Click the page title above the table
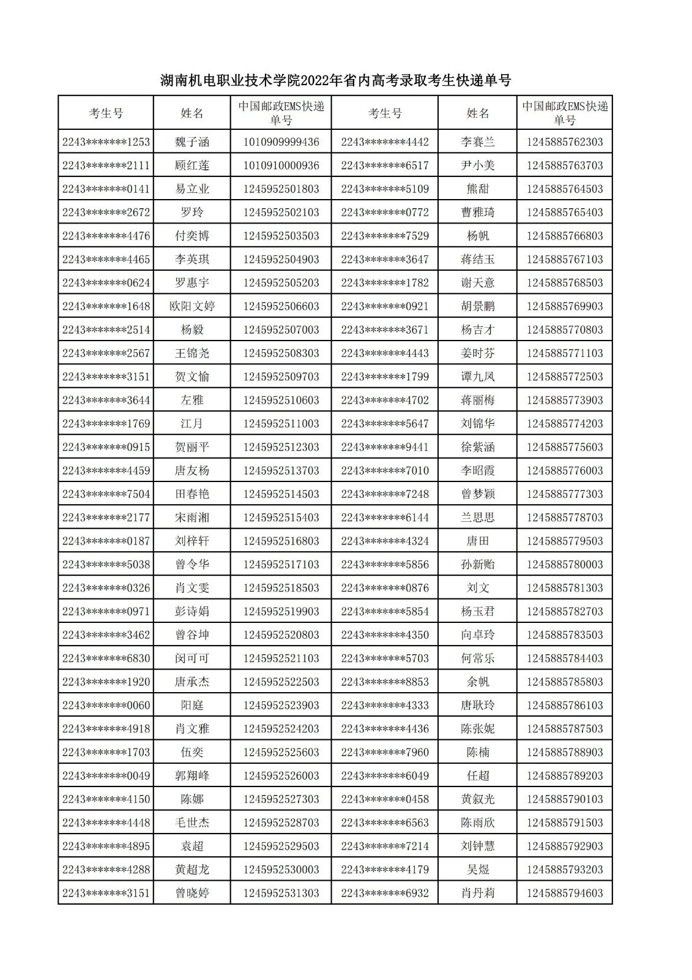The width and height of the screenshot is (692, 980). coord(335,80)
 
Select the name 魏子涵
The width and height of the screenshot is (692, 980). coord(192,142)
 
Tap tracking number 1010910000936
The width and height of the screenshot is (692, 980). coord(281,165)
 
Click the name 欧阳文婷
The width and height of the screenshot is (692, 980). coord(192,306)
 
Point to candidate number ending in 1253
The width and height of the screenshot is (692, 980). coord(106,142)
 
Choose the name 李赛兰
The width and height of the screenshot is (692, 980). coord(477,142)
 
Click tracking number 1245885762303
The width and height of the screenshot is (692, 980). coord(564,142)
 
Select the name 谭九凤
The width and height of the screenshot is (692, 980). coord(477,377)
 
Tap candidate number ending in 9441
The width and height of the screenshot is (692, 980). coord(385,447)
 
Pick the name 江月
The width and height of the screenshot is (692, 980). coord(192,423)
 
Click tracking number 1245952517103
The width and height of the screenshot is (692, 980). coord(281,564)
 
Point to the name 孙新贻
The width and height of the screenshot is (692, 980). coord(477,564)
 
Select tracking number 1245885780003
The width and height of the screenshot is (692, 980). coord(564,564)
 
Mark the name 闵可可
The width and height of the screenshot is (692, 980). coord(192,658)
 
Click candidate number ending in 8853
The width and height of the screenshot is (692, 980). coord(385,682)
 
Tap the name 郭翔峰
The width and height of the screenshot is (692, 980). coord(192,775)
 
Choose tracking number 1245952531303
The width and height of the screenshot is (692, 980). coord(281,893)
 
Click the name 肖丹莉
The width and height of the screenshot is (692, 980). coord(477,893)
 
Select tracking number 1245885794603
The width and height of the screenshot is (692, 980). coord(564,893)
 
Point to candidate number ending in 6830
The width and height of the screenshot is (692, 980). coord(106,658)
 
